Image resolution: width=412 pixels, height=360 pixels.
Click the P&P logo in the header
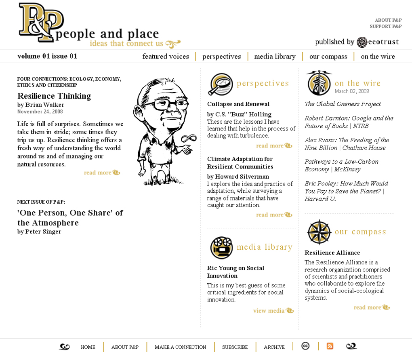(40, 22)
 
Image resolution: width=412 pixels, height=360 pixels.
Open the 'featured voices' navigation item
(166, 57)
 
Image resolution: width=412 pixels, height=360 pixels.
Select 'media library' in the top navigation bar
(275, 57)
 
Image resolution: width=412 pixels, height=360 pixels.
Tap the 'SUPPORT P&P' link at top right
(385, 27)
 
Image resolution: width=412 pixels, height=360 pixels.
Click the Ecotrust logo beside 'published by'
(362, 42)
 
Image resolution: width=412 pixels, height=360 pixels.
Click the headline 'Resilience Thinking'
(54, 96)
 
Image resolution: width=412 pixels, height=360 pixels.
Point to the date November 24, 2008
(40, 112)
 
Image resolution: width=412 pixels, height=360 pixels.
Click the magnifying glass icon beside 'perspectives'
(221, 84)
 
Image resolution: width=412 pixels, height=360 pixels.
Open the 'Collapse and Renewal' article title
(238, 104)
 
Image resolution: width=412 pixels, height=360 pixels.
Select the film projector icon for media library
(221, 247)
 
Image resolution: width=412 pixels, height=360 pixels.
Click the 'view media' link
(269, 311)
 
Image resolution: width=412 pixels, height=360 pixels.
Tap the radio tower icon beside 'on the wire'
(319, 83)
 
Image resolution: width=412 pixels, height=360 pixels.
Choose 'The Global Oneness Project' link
(343, 104)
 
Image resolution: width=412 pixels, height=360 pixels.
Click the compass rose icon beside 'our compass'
(319, 232)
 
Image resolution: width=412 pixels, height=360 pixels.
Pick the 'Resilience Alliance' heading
(332, 253)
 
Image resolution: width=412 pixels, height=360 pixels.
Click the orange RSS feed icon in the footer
(330, 346)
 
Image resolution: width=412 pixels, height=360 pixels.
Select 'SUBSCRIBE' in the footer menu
(235, 347)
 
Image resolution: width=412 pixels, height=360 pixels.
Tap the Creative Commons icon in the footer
(305, 346)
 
